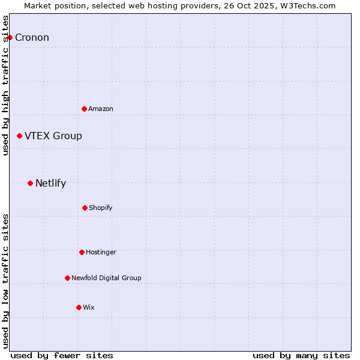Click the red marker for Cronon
(x=10, y=37)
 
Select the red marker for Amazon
(x=84, y=109)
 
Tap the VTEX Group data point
(x=19, y=136)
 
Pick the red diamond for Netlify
(x=30, y=183)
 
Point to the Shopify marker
(x=85, y=208)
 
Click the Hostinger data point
(x=82, y=252)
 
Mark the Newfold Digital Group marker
(x=67, y=278)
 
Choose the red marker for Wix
(x=79, y=307)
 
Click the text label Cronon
(x=32, y=38)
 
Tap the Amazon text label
(x=101, y=109)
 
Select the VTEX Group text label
(x=53, y=136)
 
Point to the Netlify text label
(x=50, y=184)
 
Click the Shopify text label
(x=101, y=208)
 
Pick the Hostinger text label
(x=101, y=252)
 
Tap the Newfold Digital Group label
(x=106, y=278)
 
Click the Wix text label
(x=89, y=307)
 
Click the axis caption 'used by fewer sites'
(x=62, y=355)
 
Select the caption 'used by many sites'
(x=301, y=355)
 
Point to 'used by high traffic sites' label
(x=6, y=85)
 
